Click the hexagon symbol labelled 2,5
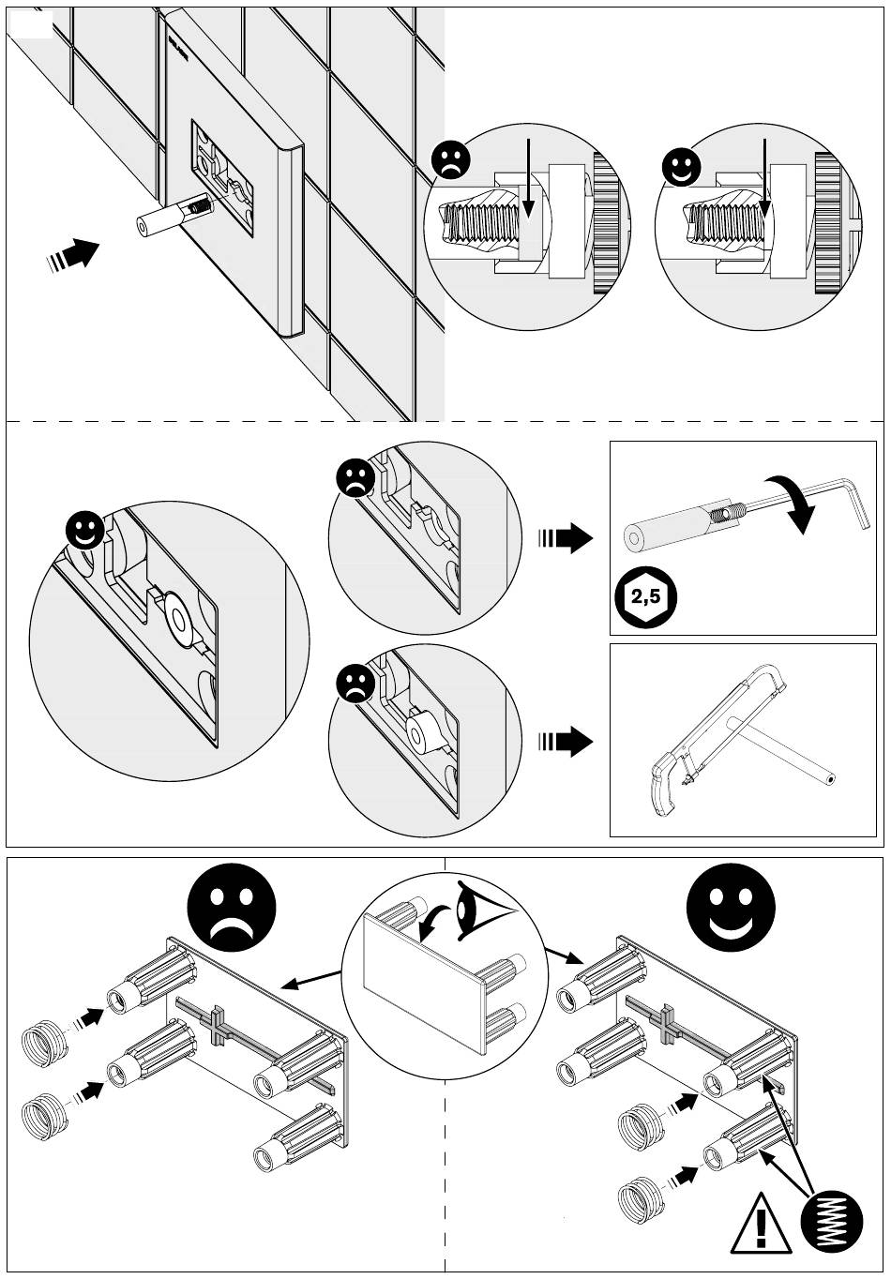tap(644, 595)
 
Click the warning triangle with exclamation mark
tap(759, 1224)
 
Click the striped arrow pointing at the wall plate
tap(75, 253)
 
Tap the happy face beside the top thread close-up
tap(682, 166)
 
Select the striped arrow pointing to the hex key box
tap(566, 538)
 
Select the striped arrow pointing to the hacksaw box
tap(566, 743)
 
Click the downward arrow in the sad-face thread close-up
tap(529, 177)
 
